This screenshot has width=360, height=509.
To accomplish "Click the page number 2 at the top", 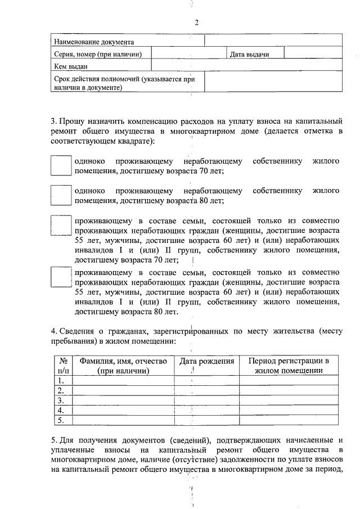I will (x=196, y=22).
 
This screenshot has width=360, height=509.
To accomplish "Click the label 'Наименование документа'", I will (x=93, y=42).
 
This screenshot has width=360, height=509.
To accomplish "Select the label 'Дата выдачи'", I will (x=248, y=54).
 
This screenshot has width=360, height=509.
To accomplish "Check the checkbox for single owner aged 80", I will (x=61, y=195).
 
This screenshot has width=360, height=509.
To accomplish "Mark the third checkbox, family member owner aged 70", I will (x=61, y=224).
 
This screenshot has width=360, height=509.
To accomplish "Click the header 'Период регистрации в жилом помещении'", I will (x=289, y=366).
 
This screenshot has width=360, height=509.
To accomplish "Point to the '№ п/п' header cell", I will (x=64, y=366).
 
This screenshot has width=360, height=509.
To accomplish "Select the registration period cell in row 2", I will (x=289, y=390).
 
